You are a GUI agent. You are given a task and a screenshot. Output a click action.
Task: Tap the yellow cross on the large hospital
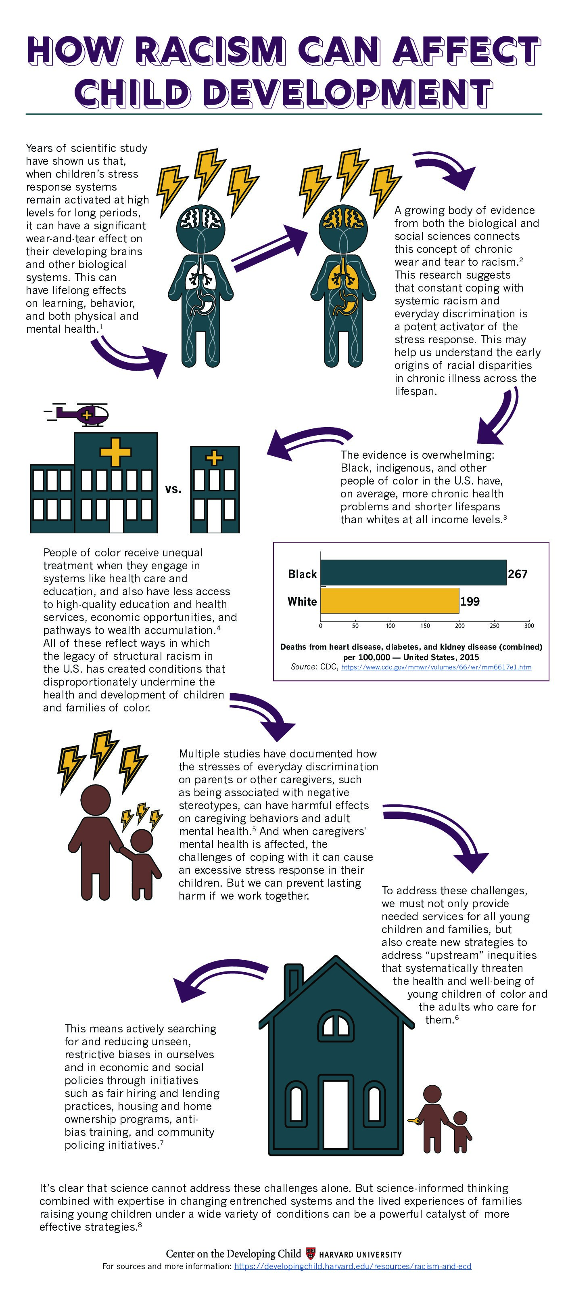click(x=115, y=452)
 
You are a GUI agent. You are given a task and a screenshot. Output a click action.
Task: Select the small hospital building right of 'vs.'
click(x=215, y=489)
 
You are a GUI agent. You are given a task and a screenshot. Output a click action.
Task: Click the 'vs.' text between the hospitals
click(x=173, y=489)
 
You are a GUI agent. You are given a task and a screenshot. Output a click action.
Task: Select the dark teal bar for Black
click(x=413, y=572)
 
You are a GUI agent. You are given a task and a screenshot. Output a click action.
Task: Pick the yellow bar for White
click(x=390, y=600)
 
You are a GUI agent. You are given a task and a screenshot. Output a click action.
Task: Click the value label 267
click(x=517, y=574)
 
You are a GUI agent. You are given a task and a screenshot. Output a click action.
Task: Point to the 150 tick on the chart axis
click(x=425, y=625)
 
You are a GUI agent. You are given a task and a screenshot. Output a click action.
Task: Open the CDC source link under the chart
click(x=436, y=667)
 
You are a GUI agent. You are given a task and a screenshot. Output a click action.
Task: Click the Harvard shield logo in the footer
click(x=310, y=1253)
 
